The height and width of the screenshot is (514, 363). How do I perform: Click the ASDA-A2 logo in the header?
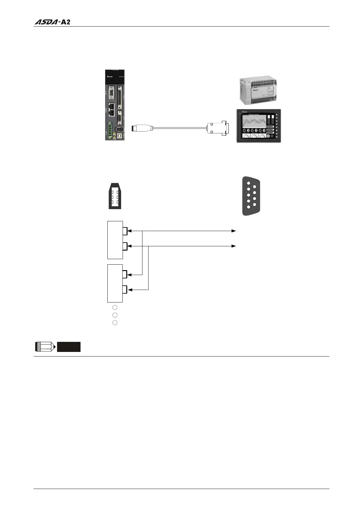(52, 22)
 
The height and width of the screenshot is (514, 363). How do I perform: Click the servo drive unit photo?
(115, 105)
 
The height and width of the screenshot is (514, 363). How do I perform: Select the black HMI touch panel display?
(259, 126)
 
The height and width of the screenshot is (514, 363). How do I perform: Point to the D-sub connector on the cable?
(217, 128)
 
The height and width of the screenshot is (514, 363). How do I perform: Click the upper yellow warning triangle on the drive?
(115, 133)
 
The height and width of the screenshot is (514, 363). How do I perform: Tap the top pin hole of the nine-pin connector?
(249, 184)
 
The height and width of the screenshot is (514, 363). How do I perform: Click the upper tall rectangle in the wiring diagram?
(115, 240)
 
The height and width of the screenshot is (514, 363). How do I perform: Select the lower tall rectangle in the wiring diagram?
(115, 283)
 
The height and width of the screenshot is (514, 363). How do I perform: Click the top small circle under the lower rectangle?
(115, 307)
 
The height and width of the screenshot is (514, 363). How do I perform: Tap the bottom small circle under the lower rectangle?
(115, 323)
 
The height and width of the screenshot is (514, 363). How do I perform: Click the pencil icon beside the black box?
(45, 347)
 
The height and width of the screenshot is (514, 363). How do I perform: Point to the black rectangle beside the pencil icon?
(69, 347)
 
